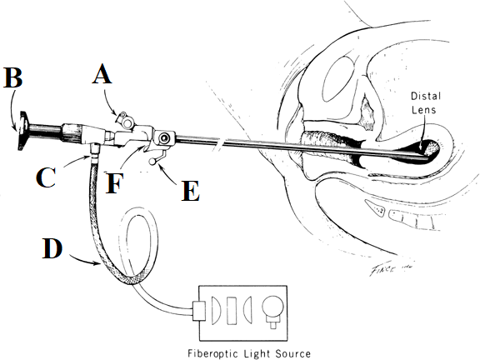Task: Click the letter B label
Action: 12,77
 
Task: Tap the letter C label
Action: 46,177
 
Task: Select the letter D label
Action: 52,248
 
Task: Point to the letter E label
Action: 191,191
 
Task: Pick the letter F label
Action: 114,183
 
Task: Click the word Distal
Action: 426,96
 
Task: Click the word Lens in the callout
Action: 423,110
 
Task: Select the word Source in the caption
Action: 293,353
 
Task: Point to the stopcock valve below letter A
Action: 126,120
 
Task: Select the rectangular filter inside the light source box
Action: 232,310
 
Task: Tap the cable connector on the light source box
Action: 198,311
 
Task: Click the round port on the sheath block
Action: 165,138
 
